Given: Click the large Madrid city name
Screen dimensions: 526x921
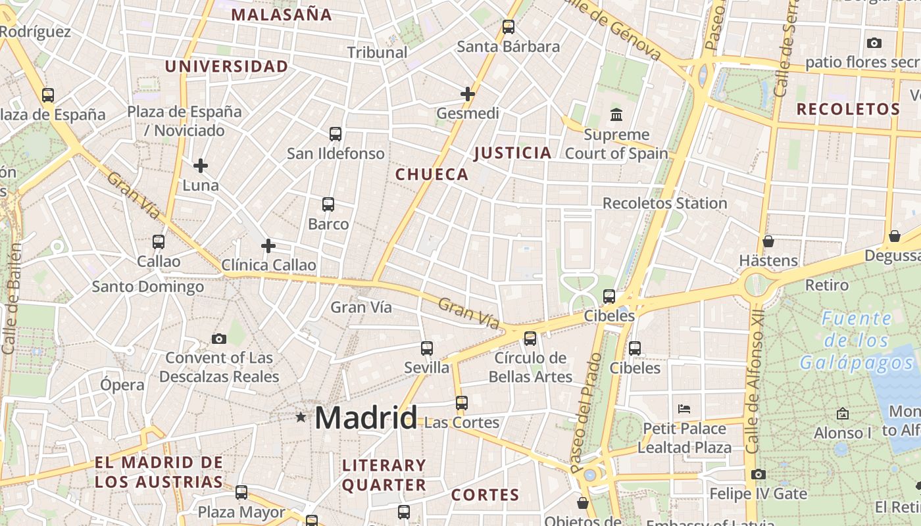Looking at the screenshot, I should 366,418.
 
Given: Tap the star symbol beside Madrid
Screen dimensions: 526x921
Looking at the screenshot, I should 301,417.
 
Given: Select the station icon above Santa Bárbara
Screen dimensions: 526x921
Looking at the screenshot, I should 508,27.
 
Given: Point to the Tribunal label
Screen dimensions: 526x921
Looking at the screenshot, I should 378,52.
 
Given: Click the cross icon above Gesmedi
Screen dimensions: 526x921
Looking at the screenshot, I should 468,94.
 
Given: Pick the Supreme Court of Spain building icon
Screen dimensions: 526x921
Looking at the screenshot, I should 616,115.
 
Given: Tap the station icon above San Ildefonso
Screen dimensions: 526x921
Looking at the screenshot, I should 336,134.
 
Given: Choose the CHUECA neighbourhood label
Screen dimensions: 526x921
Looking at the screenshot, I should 432,174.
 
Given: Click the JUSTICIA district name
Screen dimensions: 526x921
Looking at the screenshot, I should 513,153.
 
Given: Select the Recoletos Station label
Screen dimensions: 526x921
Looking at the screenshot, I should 664,203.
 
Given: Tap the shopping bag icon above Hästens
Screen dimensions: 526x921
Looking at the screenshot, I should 768,241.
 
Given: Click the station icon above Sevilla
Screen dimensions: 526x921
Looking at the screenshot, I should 427,348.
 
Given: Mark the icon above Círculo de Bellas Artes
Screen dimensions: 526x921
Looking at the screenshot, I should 530,339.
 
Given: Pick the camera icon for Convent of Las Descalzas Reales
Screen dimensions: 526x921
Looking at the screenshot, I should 219,339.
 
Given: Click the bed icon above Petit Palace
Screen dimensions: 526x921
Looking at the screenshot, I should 684,408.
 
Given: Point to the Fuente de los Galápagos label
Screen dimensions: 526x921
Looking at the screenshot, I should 857,341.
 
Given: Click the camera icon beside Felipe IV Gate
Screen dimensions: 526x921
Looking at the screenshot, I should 758,474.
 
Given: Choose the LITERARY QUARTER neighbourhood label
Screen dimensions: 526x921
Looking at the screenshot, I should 384,475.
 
